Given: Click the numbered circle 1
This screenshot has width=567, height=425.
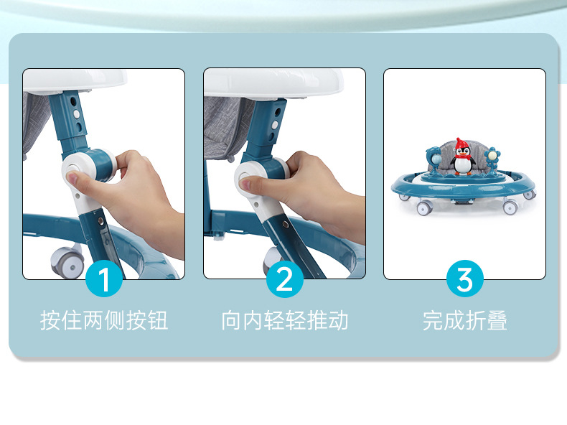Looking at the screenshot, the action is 104,279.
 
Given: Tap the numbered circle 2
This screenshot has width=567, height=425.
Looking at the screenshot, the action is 285,279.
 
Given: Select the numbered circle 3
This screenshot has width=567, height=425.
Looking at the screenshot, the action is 465,279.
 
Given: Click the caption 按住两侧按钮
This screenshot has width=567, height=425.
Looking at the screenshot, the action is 104,320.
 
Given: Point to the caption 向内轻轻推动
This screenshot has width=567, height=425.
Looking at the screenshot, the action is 285,320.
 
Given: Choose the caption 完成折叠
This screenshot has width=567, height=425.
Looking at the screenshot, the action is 465,320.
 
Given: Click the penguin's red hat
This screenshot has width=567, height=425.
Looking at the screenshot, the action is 461,144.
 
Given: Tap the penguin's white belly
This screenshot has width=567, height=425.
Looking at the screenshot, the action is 462,165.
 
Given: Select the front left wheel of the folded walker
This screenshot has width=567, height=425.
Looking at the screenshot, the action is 423,208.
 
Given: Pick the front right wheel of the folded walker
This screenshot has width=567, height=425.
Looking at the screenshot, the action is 510,207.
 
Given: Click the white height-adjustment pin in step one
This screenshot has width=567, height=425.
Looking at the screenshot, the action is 77,114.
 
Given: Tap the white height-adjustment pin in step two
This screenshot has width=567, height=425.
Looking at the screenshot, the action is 275,126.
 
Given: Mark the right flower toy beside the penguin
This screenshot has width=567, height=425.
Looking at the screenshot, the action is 492,158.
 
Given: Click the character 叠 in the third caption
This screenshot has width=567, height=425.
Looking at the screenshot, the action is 497,320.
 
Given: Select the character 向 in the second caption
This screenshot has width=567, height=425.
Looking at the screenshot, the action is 232,320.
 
